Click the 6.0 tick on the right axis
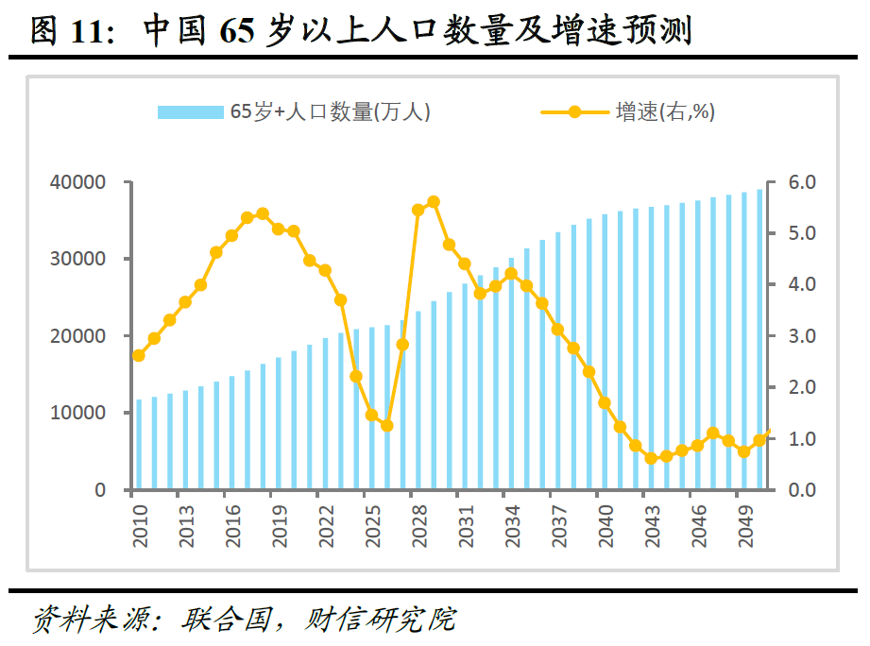797,181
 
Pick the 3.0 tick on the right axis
797,336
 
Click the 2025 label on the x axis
372,525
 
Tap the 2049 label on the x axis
743,525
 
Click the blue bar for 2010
139,445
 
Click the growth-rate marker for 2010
139,355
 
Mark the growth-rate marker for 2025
371,415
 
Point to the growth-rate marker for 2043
650,458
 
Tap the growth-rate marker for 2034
511,274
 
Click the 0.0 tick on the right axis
797,490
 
